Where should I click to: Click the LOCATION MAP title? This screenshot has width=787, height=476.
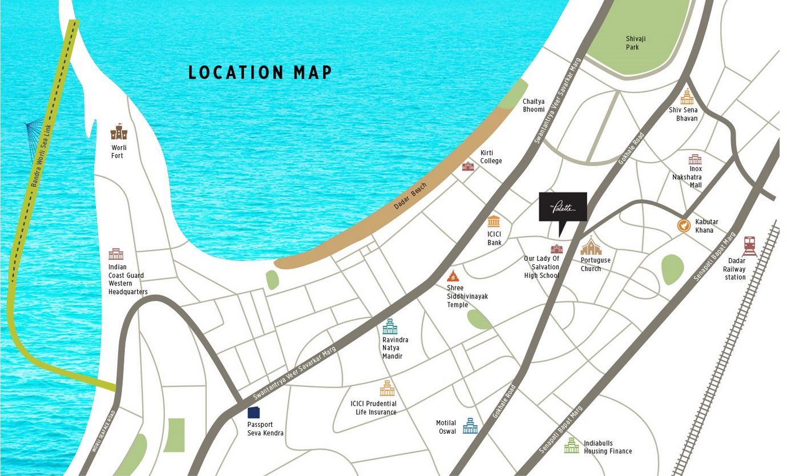(260, 72)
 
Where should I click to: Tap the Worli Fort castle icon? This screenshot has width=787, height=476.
(119, 132)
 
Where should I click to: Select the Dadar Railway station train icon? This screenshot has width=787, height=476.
(749, 247)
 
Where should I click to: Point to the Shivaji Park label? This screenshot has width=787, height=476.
(635, 43)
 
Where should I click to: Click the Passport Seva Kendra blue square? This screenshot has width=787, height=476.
(253, 413)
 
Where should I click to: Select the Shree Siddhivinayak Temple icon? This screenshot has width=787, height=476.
(453, 276)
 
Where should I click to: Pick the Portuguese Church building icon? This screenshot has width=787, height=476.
(591, 247)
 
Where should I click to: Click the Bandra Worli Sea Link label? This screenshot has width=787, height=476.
(42, 155)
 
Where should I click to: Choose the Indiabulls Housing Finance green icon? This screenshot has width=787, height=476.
(571, 446)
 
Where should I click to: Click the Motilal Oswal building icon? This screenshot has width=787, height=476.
(470, 426)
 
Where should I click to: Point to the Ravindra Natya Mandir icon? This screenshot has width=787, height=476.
(389, 327)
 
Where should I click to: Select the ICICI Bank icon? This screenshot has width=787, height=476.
(494, 221)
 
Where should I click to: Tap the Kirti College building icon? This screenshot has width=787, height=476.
(468, 166)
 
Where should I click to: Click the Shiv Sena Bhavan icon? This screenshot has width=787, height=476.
(687, 98)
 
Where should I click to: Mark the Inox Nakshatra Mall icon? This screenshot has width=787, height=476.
(694, 159)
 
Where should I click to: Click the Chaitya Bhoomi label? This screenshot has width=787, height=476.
(534, 105)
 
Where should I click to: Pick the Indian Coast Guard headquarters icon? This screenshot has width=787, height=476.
(116, 254)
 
